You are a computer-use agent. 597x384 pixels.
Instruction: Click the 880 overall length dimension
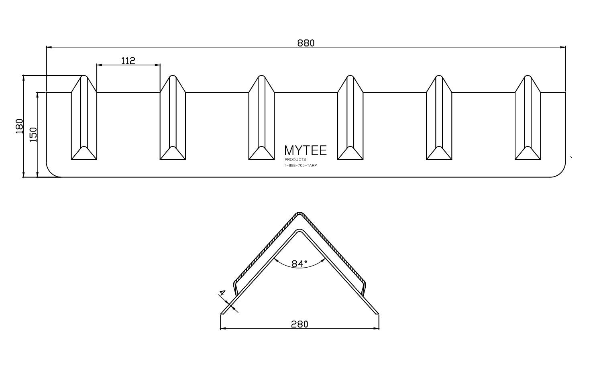[306, 43]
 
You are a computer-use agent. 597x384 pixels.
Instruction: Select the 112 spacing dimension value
[128, 61]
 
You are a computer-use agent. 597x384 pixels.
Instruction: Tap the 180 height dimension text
[19, 126]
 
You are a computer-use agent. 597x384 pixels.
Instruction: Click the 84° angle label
[299, 264]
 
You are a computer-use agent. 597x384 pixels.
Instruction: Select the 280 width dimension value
[300, 324]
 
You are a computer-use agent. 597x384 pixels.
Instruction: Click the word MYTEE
[305, 150]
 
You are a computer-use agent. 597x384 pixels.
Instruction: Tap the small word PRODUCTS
[295, 160]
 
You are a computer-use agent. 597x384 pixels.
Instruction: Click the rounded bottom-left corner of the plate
[51, 173]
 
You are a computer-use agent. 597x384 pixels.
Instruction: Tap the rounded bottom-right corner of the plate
[561, 173]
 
